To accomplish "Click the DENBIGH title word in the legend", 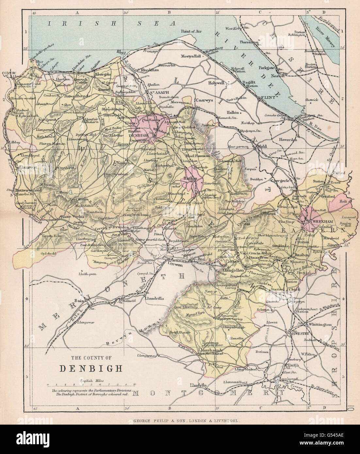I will click(x=91, y=367).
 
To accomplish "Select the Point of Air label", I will click(x=191, y=31).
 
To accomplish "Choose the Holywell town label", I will click(x=217, y=83).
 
